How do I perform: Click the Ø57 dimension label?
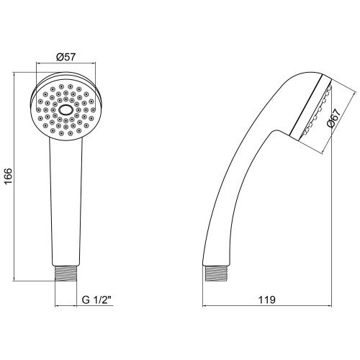(x=66, y=57)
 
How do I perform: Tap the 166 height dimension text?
(x=8, y=176)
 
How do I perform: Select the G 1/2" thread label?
(x=97, y=300)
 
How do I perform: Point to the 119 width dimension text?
(x=267, y=300)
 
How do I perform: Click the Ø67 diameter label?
(x=334, y=117)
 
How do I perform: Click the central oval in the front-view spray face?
(x=66, y=110)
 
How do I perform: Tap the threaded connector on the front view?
(x=66, y=274)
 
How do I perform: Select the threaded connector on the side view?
(x=216, y=274)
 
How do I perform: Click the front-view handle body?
(x=66, y=202)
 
